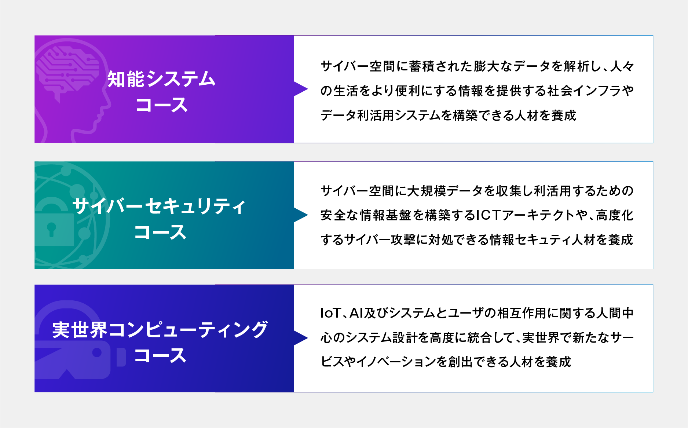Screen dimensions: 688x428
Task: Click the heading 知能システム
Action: click(x=161, y=79)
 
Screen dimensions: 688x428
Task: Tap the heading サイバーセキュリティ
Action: click(x=159, y=206)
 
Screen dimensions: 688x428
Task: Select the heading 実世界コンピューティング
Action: click(x=160, y=329)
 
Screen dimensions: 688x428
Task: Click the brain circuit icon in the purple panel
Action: click(x=68, y=70)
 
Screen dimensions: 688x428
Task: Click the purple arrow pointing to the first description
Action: click(x=300, y=89)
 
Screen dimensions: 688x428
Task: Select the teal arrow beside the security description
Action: click(x=300, y=215)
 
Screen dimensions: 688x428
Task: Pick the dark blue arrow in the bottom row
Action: click(x=300, y=338)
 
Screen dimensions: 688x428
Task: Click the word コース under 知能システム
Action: click(x=161, y=105)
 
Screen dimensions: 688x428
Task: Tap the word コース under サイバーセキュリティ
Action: click(x=160, y=232)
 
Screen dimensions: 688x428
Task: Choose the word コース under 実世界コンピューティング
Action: click(x=160, y=355)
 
